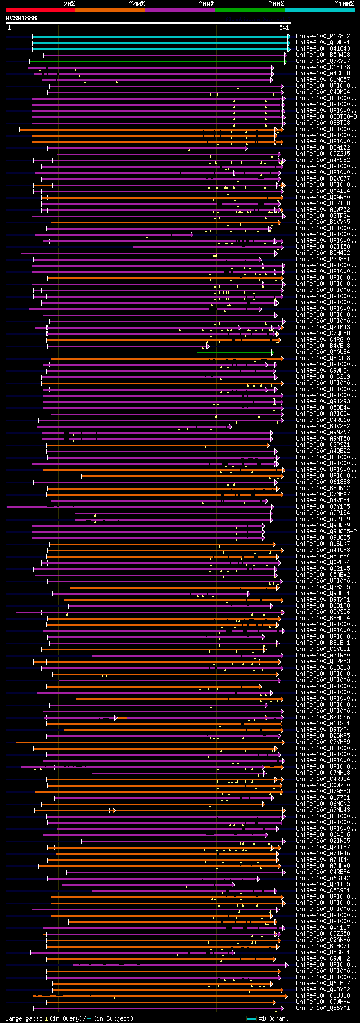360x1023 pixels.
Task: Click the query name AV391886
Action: pyautogui.click(x=21, y=18)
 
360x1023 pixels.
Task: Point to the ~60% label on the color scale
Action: pyautogui.click(x=206, y=4)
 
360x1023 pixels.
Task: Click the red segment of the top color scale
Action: pyautogui.click(x=40, y=10)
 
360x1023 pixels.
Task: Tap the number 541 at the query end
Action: pyautogui.click(x=284, y=28)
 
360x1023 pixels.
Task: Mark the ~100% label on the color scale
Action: pyautogui.click(x=344, y=4)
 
